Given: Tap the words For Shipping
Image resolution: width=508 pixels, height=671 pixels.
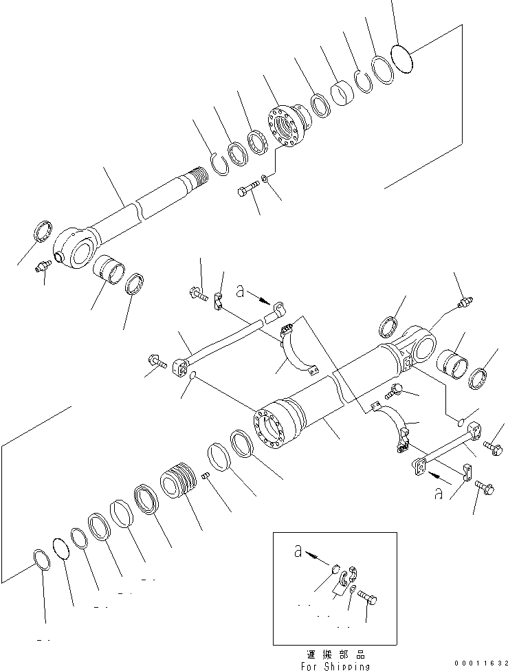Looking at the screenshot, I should click(335, 665).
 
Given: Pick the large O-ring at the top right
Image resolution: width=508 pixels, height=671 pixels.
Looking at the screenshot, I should click(401, 57).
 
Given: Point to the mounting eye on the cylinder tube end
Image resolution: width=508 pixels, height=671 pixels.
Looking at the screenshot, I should click(423, 344).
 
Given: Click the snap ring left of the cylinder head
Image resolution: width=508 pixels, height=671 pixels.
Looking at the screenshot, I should click(219, 164).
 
